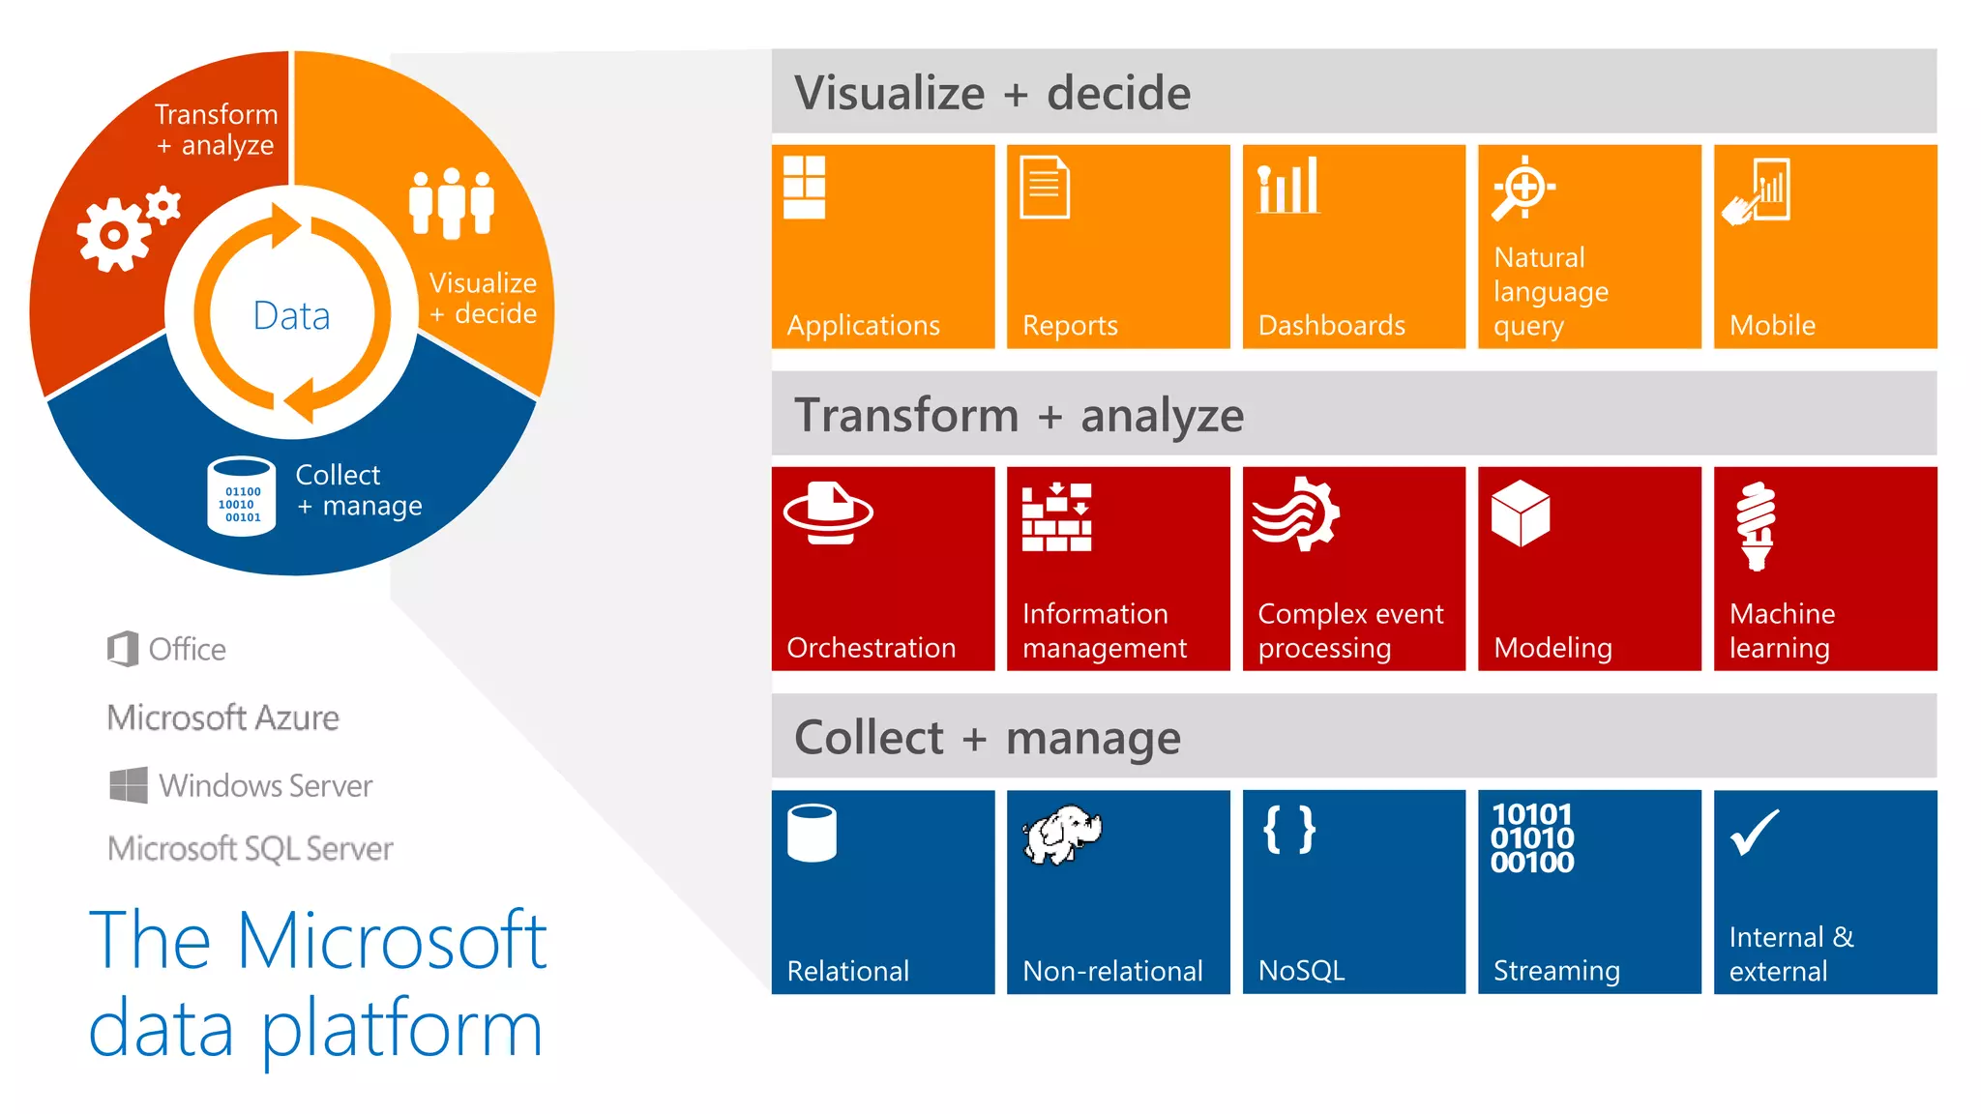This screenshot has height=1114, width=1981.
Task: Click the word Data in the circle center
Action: [x=291, y=316]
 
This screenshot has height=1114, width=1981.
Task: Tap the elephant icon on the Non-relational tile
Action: [x=1062, y=834]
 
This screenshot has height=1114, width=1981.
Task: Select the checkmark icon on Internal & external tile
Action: [x=1754, y=833]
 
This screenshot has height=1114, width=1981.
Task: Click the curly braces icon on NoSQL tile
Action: [x=1289, y=830]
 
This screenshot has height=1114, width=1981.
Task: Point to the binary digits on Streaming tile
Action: [x=1532, y=838]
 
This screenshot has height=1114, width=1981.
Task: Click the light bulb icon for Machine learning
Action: [x=1756, y=526]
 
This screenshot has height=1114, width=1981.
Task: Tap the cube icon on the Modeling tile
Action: [x=1520, y=513]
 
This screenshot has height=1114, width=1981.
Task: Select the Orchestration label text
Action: [x=871, y=648]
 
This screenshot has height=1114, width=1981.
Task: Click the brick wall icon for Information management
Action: [x=1056, y=517]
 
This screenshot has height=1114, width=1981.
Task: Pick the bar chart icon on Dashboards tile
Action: [x=1287, y=186]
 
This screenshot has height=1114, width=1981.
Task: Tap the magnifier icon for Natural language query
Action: [x=1522, y=188]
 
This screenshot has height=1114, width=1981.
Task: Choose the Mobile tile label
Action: [x=1772, y=326]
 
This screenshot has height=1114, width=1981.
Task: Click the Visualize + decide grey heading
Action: [x=992, y=93]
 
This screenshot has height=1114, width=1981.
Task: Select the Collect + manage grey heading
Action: [x=987, y=738]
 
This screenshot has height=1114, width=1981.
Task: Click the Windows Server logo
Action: [x=129, y=785]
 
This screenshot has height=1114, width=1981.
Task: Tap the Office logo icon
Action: [x=123, y=649]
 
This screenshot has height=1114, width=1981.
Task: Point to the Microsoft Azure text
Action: [x=223, y=718]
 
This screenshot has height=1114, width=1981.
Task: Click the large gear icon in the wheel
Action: [x=113, y=235]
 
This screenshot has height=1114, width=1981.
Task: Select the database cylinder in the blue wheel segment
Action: [x=242, y=496]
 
